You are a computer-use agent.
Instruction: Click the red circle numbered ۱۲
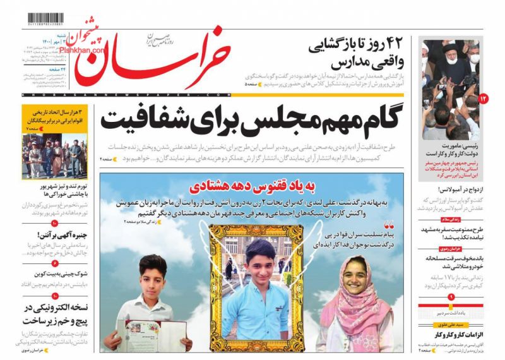coord(484,99)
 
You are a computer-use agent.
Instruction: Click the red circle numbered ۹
coord(451,296)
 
